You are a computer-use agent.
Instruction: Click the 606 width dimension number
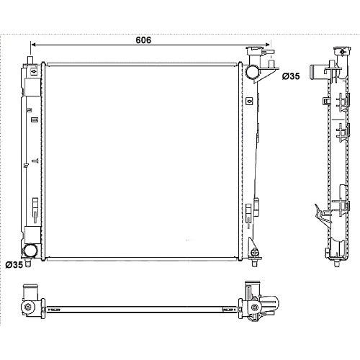click(x=143, y=40)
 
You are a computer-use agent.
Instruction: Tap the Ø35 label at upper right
click(x=291, y=76)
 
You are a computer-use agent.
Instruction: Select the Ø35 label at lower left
click(x=14, y=265)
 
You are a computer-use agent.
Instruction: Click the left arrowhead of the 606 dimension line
click(x=34, y=45)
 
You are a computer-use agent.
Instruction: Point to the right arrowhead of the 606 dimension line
click(x=267, y=45)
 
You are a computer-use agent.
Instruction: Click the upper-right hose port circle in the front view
click(x=252, y=72)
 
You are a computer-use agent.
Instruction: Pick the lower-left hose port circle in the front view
click(x=30, y=250)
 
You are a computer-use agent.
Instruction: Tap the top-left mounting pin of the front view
click(x=30, y=60)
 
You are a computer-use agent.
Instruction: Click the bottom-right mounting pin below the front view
click(x=254, y=263)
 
